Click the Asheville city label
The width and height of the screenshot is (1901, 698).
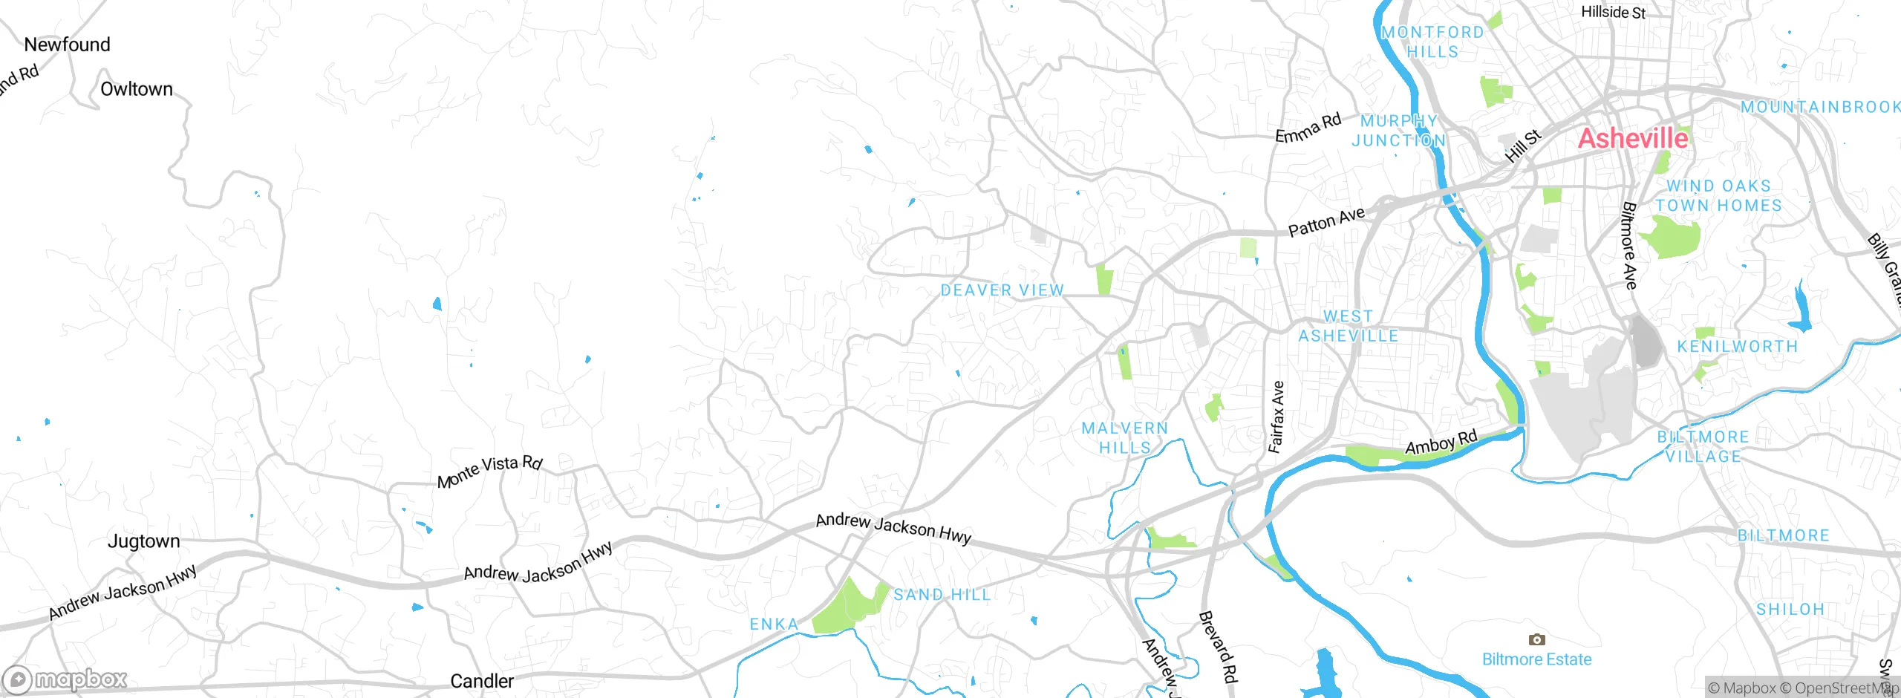pos(1632,139)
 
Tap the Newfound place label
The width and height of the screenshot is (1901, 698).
pos(67,45)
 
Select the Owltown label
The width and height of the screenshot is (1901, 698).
pos(137,89)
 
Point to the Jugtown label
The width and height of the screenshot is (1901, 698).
pos(143,541)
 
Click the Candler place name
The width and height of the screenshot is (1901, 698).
pos(482,681)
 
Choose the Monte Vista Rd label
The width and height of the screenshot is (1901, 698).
pos(490,471)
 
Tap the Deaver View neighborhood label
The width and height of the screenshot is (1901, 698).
pos(1002,290)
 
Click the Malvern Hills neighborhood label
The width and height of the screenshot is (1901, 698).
pos(1125,437)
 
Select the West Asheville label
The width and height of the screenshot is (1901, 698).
pos(1348,326)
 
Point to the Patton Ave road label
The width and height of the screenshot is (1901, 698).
pos(1326,221)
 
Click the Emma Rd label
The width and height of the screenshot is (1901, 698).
pos(1308,128)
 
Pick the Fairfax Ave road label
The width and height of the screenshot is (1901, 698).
pos(1276,417)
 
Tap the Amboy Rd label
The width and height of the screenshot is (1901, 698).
pos(1441,443)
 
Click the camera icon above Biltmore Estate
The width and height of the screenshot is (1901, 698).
pos(1536,639)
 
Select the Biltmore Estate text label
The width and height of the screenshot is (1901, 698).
pos(1536,659)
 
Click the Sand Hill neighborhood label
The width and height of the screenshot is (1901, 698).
pos(942,595)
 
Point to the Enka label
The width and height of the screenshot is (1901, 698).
pos(774,624)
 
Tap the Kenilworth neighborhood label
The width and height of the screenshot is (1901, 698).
pos(1738,347)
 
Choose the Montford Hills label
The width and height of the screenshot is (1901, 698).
pos(1432,42)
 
